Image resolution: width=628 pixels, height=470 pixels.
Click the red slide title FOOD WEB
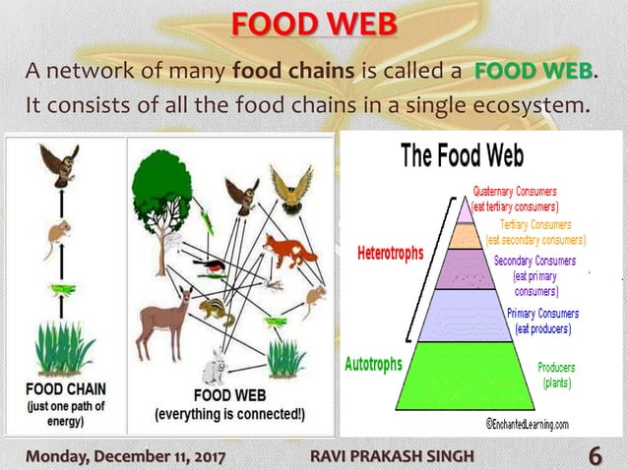(313, 22)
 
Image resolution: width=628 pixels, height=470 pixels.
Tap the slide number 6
(596, 455)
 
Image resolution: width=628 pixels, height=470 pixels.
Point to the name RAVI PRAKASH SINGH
(392, 455)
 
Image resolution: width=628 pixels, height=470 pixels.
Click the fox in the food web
(287, 252)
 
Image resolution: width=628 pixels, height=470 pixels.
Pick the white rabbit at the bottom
(212, 368)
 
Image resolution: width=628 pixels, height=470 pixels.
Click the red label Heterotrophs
(390, 253)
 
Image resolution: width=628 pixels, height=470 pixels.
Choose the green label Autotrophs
(373, 365)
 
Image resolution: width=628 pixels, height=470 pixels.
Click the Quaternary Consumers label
(516, 200)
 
